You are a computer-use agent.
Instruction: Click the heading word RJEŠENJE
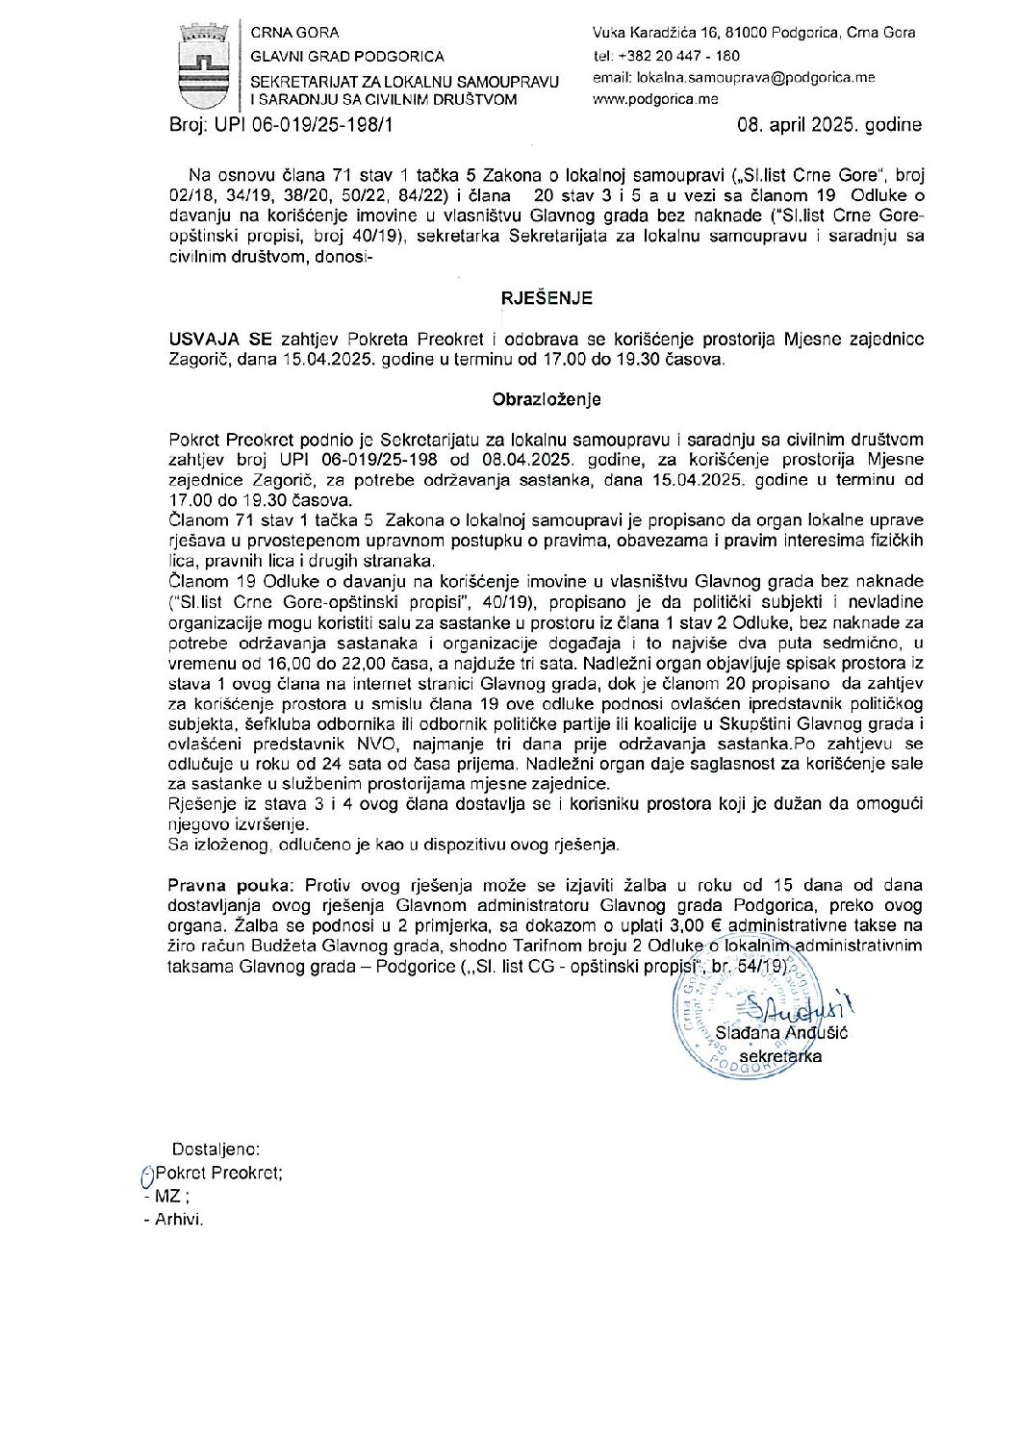[x=547, y=299]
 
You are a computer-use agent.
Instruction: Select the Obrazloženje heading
[x=547, y=397]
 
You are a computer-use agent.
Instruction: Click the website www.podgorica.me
[x=656, y=98]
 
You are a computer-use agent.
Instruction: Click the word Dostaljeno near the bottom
[x=216, y=1149]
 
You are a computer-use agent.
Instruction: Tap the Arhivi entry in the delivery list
[x=179, y=1220]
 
